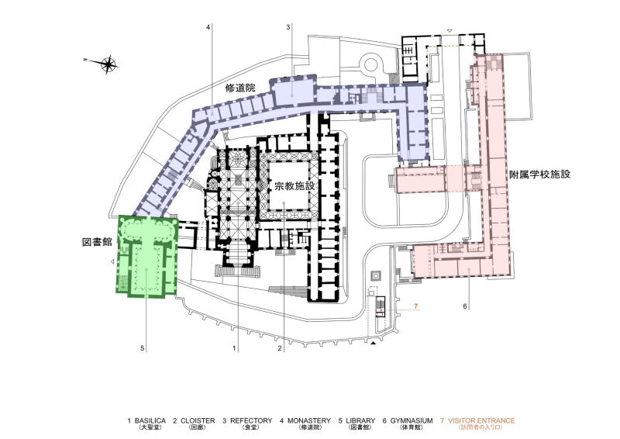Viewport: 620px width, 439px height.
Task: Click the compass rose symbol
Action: coord(108,64)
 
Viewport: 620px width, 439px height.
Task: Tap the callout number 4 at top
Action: coord(208,27)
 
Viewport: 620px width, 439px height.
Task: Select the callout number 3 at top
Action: coord(288,27)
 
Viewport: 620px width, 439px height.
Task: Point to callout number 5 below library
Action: coord(143,348)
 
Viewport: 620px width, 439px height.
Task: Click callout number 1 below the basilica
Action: coord(234,348)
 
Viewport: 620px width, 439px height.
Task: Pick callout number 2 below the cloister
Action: coord(280,348)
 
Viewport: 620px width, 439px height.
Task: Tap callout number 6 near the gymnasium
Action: coord(465,306)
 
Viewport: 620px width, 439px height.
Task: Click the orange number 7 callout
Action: coord(415,306)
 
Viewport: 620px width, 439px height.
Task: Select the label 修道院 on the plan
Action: coord(240,88)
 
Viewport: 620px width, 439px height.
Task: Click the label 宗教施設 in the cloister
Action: coord(294,185)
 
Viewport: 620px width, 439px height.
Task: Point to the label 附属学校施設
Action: coord(539,174)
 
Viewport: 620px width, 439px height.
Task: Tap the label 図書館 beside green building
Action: coord(98,242)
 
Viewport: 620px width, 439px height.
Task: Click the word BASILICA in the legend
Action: coord(150,420)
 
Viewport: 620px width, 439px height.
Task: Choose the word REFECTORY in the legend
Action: coord(251,420)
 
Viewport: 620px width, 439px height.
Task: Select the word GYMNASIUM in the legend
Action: coord(412,420)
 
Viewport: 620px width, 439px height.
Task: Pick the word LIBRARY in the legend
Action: coord(360,420)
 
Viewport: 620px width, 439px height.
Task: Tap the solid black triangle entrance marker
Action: coord(373,343)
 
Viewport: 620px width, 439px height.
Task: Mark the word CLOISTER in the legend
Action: coord(198,420)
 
